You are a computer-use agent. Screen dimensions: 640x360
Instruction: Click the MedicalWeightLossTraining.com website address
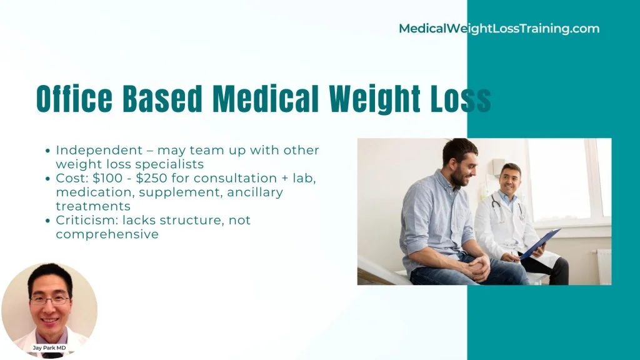(x=499, y=29)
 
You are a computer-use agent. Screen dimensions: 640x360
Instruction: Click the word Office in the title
(x=74, y=99)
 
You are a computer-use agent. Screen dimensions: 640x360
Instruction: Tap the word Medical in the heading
(x=266, y=99)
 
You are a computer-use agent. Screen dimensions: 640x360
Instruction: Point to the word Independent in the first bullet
(x=99, y=151)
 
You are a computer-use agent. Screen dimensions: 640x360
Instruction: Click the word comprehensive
(x=107, y=235)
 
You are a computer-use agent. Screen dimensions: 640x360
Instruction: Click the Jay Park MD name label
(x=49, y=347)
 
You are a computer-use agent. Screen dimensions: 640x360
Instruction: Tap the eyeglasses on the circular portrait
(x=50, y=301)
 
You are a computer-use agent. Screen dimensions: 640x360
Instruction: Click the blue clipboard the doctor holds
(x=539, y=244)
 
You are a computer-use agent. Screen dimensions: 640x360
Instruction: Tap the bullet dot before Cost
(x=47, y=179)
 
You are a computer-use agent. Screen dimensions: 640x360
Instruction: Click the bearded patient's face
(x=463, y=167)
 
